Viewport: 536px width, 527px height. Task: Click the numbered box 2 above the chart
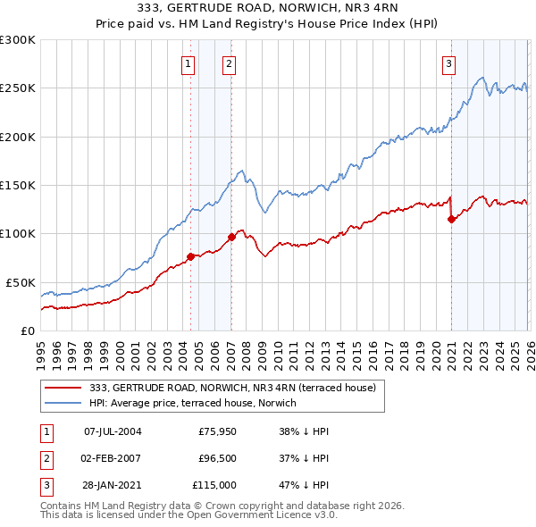[x=230, y=63]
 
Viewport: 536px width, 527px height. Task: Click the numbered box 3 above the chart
[x=448, y=63]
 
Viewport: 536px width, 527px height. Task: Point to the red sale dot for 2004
[x=190, y=257]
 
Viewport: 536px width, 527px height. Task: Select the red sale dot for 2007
[x=231, y=237]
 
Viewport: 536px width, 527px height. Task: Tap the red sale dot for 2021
[x=451, y=220]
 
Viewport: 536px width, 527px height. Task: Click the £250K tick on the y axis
[x=18, y=88]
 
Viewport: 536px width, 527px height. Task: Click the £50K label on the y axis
[x=21, y=282]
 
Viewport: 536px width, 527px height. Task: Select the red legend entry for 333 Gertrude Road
[x=238, y=388]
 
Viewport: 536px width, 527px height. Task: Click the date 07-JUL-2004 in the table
[x=113, y=431]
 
